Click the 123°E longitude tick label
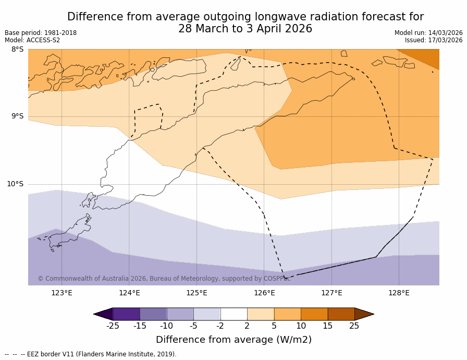tap(62, 293)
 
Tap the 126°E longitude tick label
tap(264, 293)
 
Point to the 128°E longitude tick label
tap(399, 293)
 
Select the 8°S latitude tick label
tap(17, 50)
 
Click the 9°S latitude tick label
tap(17, 116)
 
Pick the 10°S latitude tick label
tap(15, 184)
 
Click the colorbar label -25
tap(113, 326)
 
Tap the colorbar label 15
tap(327, 326)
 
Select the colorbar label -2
tap(220, 326)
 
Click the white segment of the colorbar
tap(233, 314)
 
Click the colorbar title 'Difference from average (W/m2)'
tap(233, 340)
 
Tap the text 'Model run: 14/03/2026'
tap(428, 33)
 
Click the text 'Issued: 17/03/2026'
tap(434, 40)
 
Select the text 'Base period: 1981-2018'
tap(41, 33)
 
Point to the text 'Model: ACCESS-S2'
tap(32, 40)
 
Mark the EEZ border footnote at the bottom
tap(91, 354)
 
